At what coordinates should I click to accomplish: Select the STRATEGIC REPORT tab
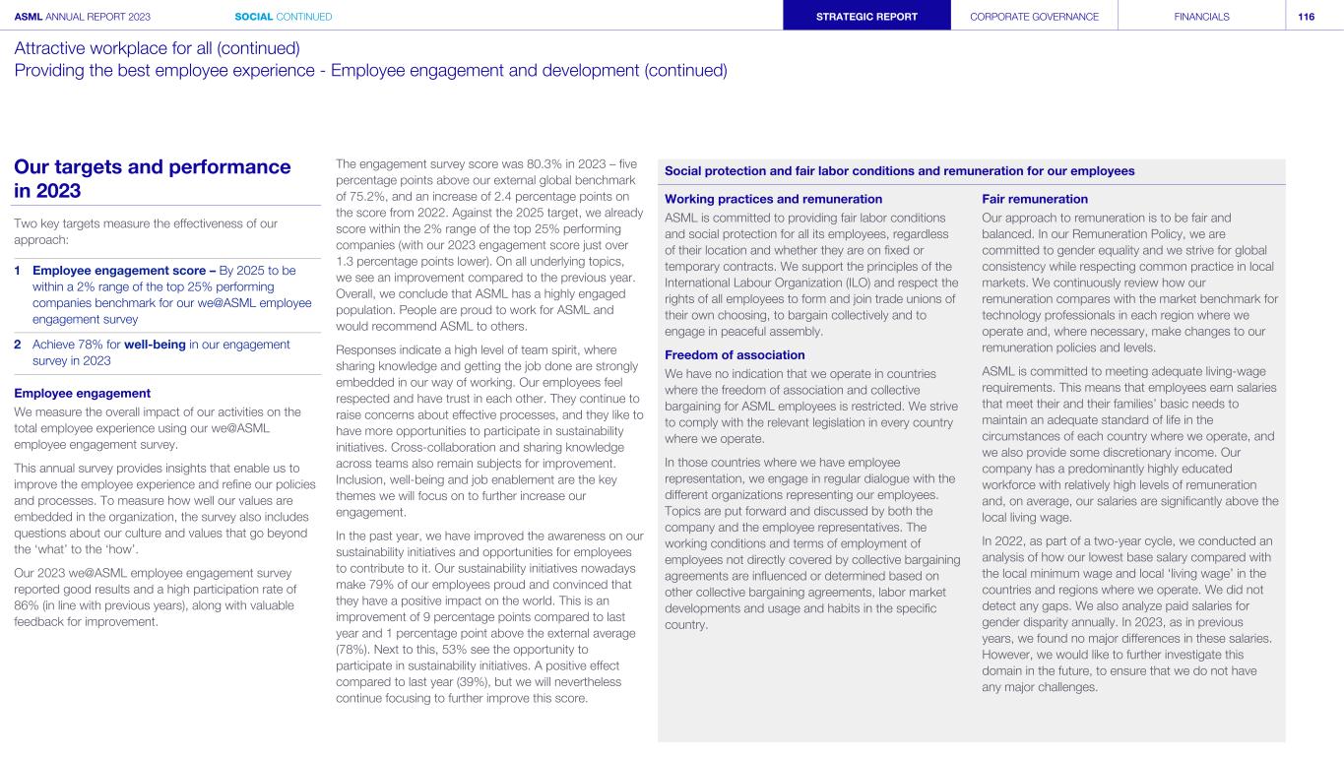click(x=866, y=16)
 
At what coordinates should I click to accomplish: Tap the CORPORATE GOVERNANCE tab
click(x=1034, y=16)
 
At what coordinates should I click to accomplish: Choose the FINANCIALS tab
click(x=1201, y=16)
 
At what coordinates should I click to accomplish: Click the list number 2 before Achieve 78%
click(x=19, y=344)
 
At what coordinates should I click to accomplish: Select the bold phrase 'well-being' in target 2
click(x=159, y=344)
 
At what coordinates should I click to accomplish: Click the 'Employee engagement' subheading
click(x=82, y=393)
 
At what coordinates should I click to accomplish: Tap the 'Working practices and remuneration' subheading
click(x=774, y=199)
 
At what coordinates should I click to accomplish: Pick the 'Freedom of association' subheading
click(x=735, y=354)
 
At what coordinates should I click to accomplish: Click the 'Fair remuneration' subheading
click(x=1035, y=199)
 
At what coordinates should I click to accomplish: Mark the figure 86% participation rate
click(x=26, y=605)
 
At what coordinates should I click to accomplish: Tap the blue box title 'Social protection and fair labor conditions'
click(x=900, y=170)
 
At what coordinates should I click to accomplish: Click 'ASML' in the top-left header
click(x=29, y=16)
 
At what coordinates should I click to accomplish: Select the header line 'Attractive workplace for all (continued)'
click(x=158, y=47)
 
